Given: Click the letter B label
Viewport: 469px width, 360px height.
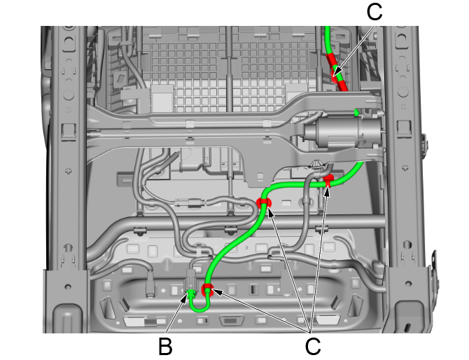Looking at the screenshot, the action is [165, 346].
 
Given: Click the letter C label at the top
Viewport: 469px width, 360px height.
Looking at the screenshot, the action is [374, 12].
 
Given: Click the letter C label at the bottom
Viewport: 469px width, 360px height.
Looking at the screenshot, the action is [313, 346].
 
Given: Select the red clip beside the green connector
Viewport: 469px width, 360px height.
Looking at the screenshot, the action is [207, 290].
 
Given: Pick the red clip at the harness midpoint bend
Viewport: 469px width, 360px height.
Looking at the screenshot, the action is [263, 202].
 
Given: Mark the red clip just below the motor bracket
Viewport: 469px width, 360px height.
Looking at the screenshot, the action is [328, 180].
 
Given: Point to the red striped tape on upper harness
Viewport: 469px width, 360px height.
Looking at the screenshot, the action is [337, 72].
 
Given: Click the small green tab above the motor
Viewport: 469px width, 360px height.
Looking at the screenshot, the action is [356, 113].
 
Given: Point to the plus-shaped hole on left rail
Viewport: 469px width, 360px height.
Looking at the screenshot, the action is [69, 171].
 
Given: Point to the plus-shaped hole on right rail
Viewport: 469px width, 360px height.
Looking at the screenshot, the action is [405, 167].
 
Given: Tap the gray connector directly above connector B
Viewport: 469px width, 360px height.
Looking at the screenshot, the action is [191, 278].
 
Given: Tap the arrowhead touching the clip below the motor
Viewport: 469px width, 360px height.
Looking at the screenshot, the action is [327, 191].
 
